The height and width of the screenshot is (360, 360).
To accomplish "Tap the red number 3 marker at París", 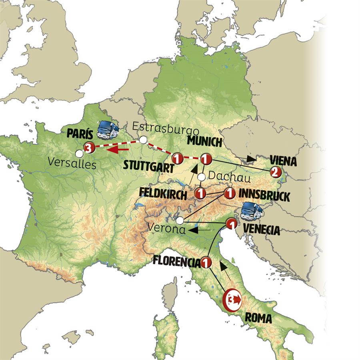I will point(89,148).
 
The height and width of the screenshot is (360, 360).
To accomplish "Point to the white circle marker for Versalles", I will point(80,153).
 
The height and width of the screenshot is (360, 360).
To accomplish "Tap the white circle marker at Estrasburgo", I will point(143,140).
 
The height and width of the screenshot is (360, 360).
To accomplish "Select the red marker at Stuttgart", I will point(177,158).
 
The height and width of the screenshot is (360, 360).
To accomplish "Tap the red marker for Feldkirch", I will point(200,194).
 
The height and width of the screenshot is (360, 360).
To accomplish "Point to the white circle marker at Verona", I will point(180,220).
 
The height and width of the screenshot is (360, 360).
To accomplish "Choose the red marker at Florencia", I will point(206,263).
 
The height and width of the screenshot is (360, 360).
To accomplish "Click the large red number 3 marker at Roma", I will point(232,299).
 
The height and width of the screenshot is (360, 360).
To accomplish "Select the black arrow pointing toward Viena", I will point(251,159).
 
